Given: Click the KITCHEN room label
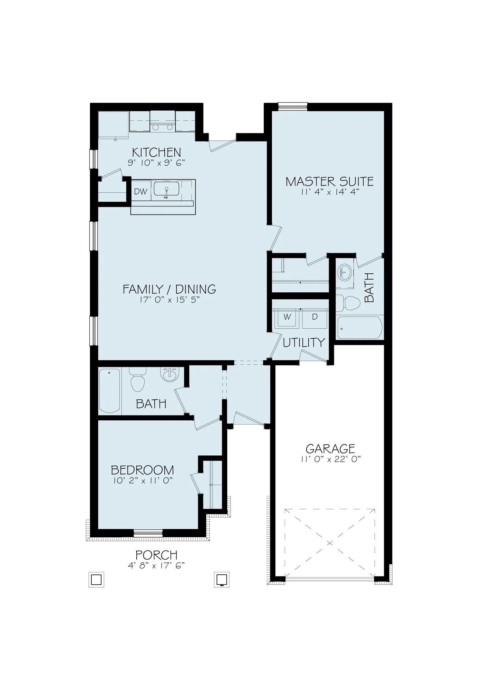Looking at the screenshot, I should click(156, 152).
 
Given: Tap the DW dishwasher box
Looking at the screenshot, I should click(141, 191).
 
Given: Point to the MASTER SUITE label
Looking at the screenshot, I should click(329, 181).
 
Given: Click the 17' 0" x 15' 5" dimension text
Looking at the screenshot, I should click(170, 300).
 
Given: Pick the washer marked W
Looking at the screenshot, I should click(287, 317).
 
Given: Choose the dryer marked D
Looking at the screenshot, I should click(315, 317).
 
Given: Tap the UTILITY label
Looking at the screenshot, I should click(304, 343).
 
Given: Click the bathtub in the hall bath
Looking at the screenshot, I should click(110, 390).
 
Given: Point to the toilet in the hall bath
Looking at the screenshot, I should click(137, 380).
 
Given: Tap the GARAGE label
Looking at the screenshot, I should click(330, 449).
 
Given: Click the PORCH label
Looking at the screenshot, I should click(156, 555).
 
